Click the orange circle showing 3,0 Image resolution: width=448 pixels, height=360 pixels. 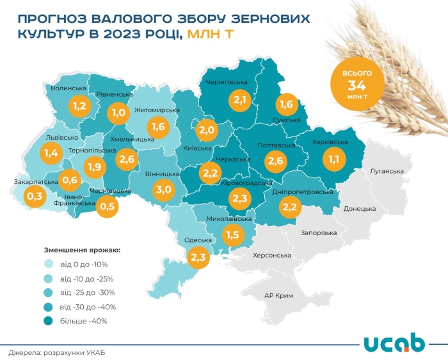pyautogui.click(x=164, y=189)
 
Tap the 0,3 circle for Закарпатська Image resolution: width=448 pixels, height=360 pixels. pyautogui.click(x=34, y=195)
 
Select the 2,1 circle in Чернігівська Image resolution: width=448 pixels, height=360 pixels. pyautogui.click(x=240, y=99)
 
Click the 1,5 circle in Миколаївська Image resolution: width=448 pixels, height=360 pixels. pyautogui.click(x=232, y=235)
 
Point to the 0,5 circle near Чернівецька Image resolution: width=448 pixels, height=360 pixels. pyautogui.click(x=108, y=206)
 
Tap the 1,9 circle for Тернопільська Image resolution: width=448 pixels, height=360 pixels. pyautogui.click(x=95, y=167)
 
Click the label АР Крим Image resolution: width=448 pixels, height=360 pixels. pyautogui.click(x=278, y=296)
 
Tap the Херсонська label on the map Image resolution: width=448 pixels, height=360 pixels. pyautogui.click(x=272, y=255)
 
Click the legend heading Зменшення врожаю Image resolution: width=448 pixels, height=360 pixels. pyautogui.click(x=82, y=249)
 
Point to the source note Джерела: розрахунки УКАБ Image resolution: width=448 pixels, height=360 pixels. pyautogui.click(x=56, y=352)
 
